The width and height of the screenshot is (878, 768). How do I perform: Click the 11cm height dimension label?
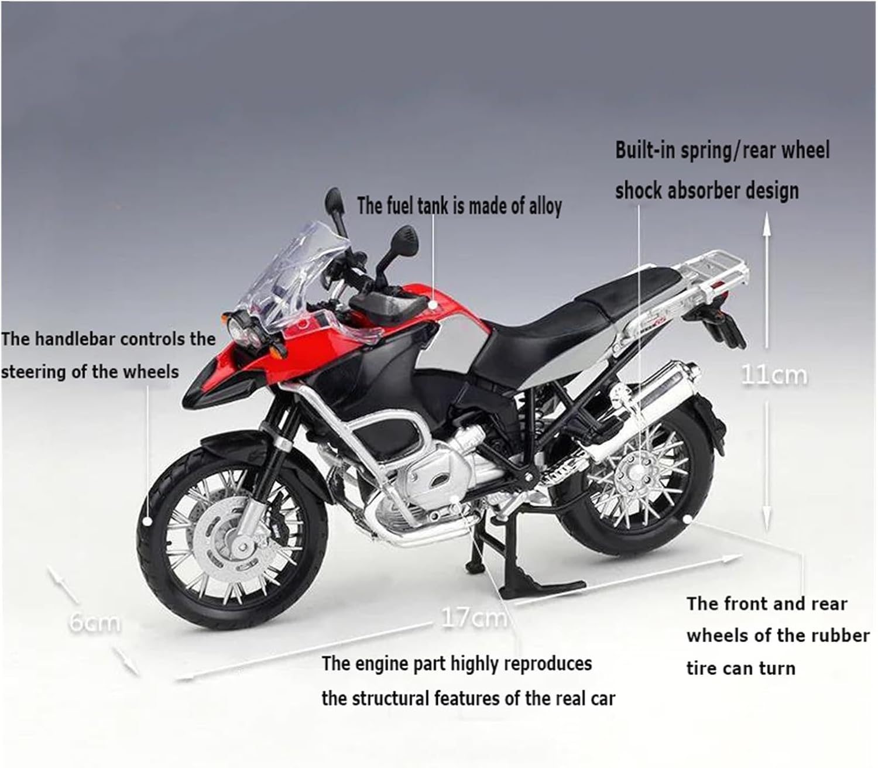(774, 375)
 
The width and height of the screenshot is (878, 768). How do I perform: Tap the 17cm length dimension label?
(474, 618)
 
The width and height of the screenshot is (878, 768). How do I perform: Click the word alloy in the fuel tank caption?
(545, 206)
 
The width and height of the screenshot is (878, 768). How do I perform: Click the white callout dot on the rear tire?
(689, 519)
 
